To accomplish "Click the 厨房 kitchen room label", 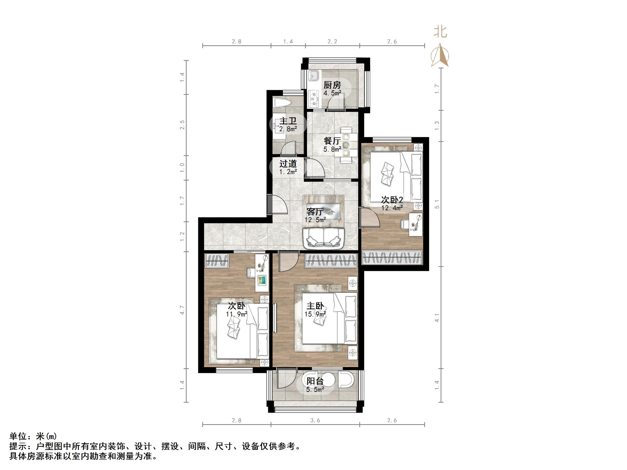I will click(x=332, y=85).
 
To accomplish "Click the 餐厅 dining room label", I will click(x=332, y=141).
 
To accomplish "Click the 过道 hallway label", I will click(x=288, y=164).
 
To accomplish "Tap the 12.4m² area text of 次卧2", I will click(x=392, y=208).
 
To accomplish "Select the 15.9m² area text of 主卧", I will click(x=315, y=314).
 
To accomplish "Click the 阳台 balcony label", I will click(x=315, y=381).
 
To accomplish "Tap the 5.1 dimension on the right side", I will click(x=437, y=204).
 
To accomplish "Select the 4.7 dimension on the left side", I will click(x=182, y=310).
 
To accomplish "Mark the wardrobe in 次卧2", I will click(x=392, y=258).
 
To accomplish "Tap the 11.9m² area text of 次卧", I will click(x=236, y=314).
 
